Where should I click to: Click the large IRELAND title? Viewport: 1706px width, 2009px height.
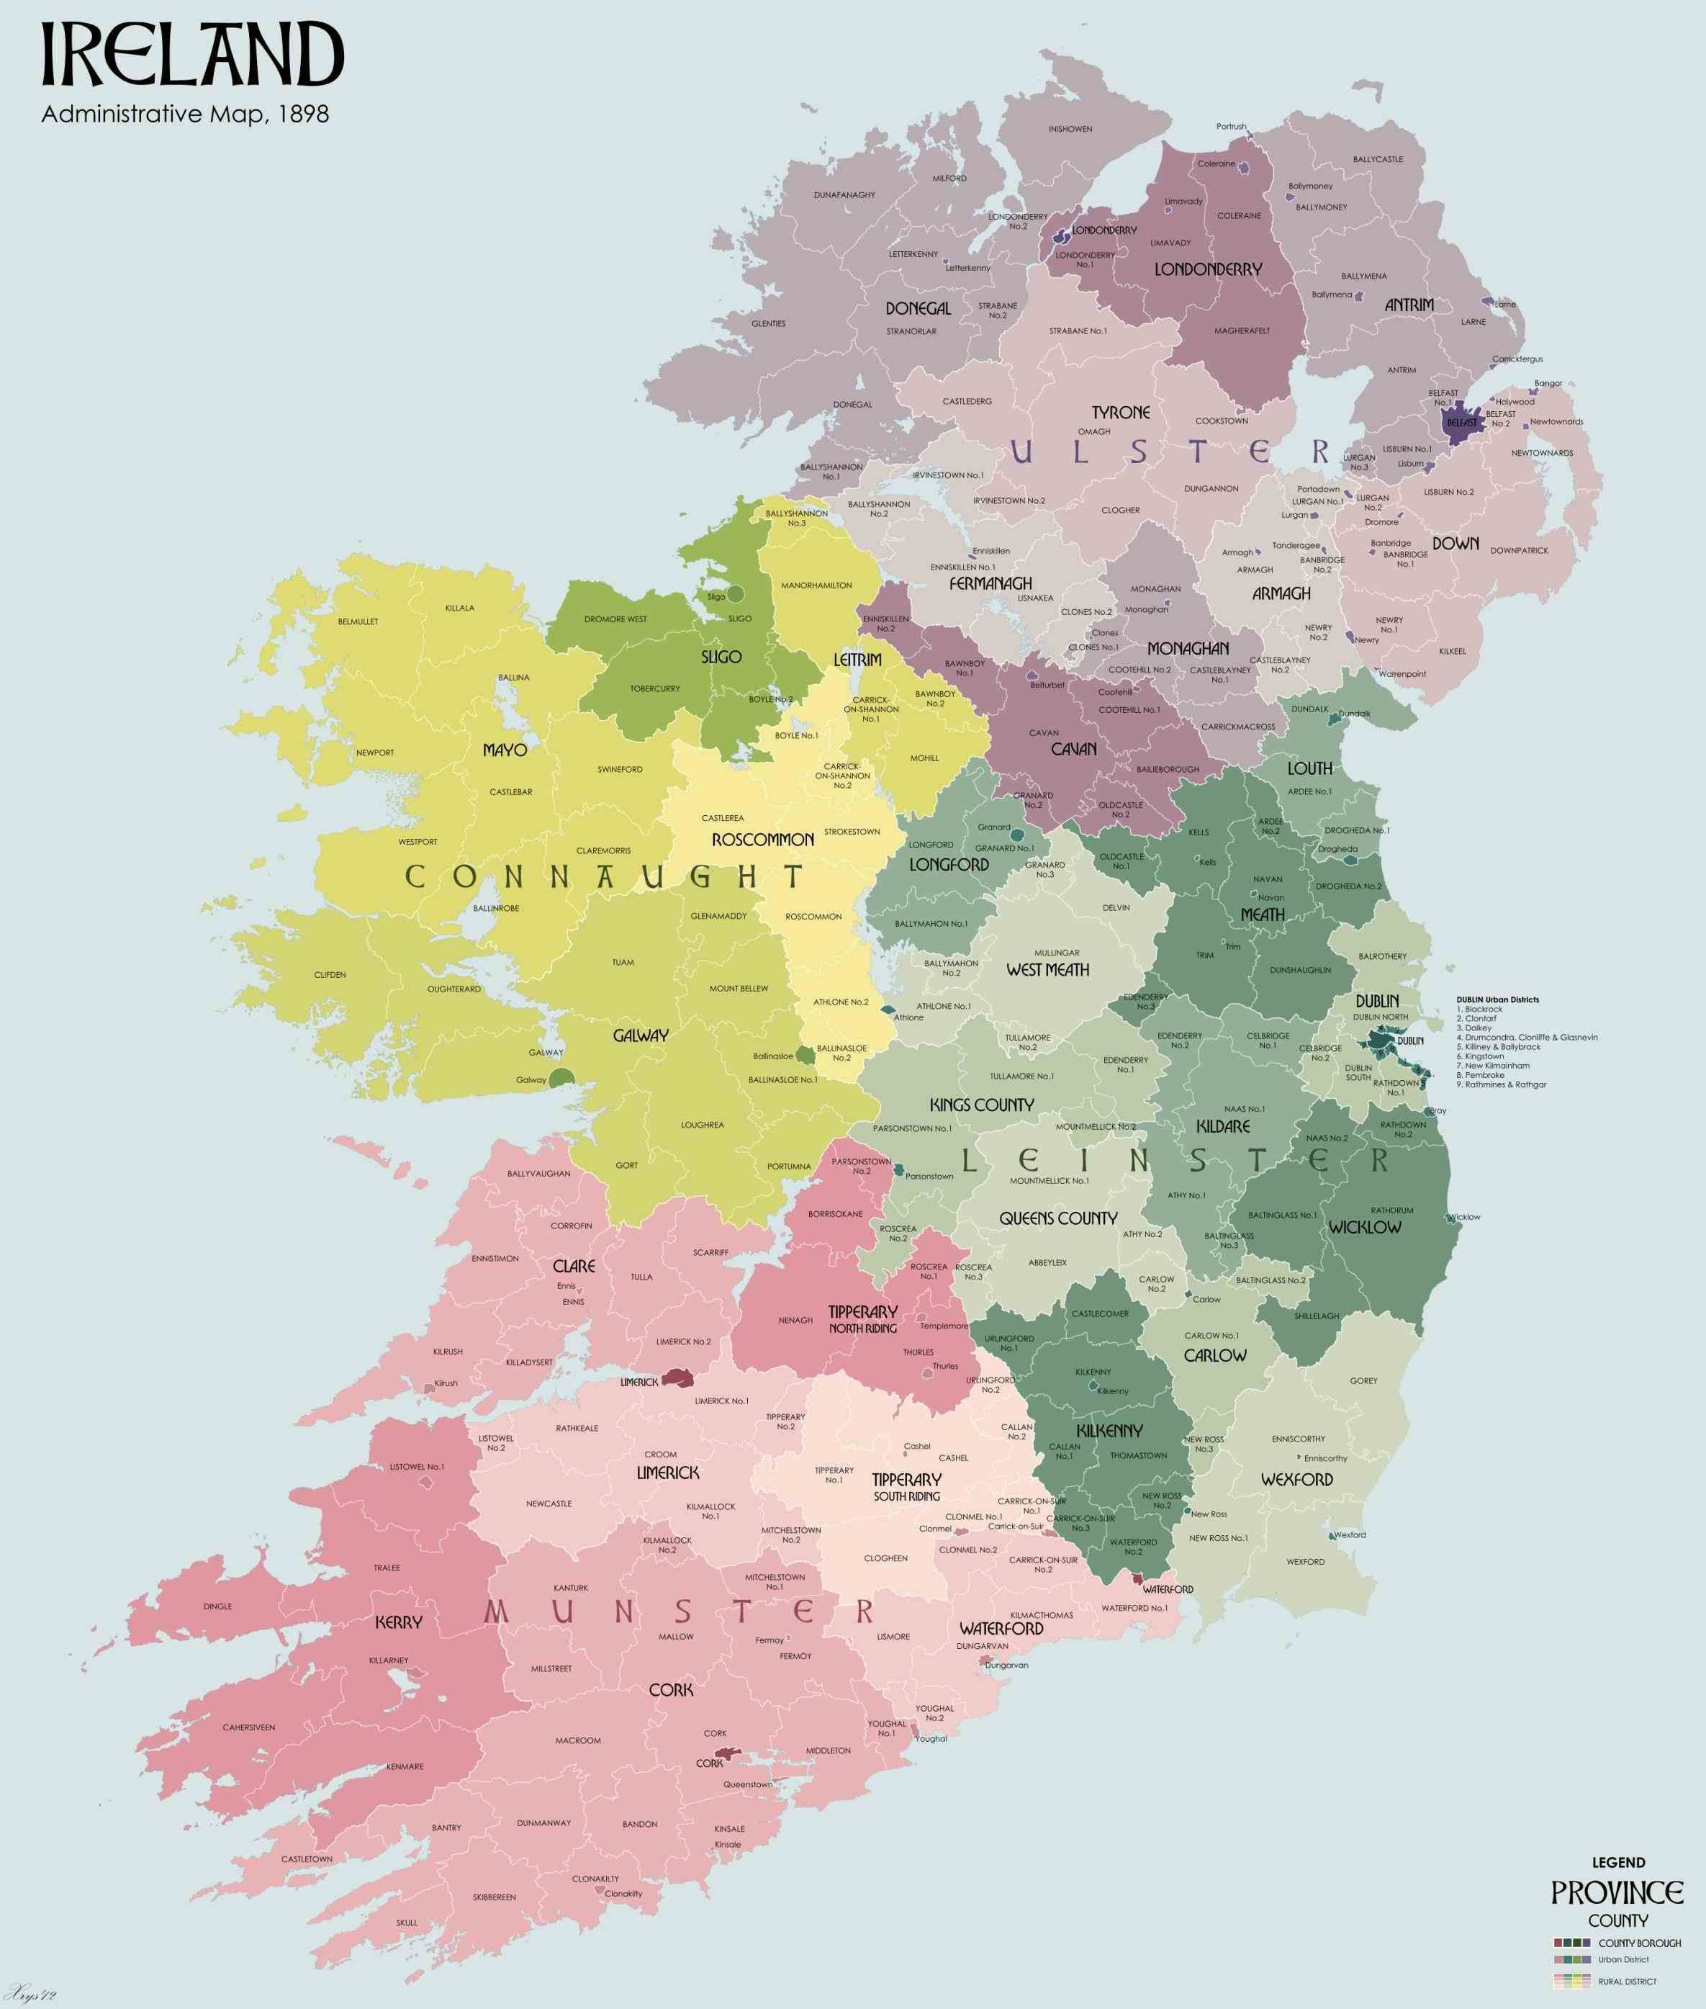click(191, 56)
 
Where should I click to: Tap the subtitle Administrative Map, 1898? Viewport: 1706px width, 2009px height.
click(185, 114)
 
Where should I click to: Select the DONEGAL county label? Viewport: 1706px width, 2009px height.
click(918, 309)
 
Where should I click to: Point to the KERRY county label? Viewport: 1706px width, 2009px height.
click(399, 1622)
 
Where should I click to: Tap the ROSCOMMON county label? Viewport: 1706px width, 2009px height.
click(762, 840)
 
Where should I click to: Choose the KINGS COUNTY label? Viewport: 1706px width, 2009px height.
click(982, 1105)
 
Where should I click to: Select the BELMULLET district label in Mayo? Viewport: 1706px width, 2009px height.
click(358, 621)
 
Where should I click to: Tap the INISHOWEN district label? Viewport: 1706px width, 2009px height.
click(1070, 129)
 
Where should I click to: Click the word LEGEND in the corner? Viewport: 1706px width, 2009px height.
click(1618, 1862)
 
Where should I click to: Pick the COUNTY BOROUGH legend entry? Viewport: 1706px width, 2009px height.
click(1639, 1942)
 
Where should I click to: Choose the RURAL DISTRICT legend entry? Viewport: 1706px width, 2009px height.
click(1627, 1981)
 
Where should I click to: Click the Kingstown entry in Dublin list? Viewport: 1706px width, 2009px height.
click(1484, 1056)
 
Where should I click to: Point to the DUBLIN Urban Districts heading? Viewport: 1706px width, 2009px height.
click(1497, 999)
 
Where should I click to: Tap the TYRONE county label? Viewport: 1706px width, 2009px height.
click(1121, 412)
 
